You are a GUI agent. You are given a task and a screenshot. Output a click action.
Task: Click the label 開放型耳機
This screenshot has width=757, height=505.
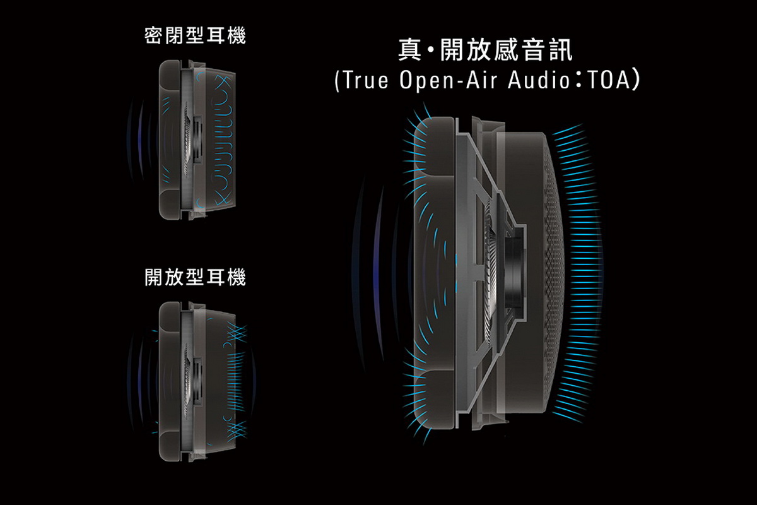tap(195, 277)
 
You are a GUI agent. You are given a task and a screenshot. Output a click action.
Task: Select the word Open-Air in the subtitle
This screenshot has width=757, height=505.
tap(450, 81)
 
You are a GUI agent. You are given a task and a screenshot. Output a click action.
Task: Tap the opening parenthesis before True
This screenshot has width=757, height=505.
tap(337, 81)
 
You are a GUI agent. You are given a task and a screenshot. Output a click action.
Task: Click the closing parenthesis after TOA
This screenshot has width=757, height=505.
tap(638, 81)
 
